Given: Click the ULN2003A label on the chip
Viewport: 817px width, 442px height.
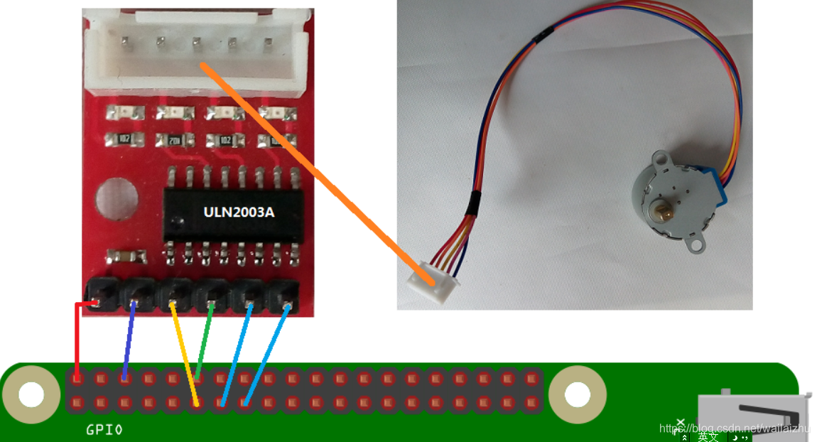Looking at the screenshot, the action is (238, 212).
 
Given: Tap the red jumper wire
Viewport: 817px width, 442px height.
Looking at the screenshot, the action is (76, 334).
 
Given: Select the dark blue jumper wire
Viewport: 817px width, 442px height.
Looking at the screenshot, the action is (129, 341).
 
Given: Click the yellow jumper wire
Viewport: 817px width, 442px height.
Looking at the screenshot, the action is (183, 352).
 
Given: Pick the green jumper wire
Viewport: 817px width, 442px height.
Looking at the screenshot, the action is (205, 341).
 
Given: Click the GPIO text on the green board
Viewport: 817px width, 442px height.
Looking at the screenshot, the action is (104, 430).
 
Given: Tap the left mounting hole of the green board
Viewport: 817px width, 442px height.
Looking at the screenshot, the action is (31, 394).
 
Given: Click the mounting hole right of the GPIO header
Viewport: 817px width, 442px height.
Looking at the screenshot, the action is (577, 394).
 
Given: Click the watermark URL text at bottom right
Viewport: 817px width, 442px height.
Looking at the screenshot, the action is (735, 428).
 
